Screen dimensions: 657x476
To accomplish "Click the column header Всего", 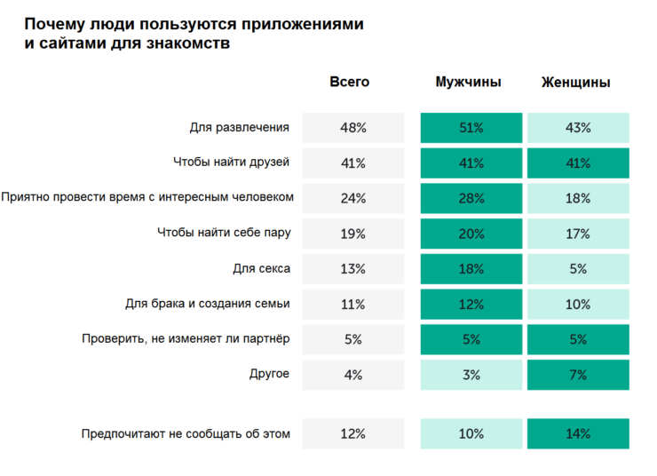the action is pos(350,82).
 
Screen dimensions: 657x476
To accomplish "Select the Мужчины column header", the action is pos(469,82).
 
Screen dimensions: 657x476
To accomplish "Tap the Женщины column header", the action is pos(575,82).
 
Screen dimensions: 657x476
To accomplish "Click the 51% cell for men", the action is pos(471,128).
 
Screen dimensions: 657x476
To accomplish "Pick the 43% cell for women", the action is pos(578,128).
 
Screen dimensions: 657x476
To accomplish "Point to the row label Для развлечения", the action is pos(239,127).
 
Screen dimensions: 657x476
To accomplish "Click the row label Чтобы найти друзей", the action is pos(232,163).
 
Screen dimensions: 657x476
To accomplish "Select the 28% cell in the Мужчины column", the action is pos(471,198).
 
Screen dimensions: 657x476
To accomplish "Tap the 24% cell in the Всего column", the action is pos(353,198).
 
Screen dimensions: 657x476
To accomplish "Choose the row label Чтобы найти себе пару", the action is pos(224,233).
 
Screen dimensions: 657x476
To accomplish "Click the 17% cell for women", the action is pos(578,234).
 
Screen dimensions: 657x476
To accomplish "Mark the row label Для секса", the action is pos(261,268).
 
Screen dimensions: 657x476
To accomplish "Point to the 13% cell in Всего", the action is pos(353,268).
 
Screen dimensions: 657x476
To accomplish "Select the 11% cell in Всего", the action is pos(353,304).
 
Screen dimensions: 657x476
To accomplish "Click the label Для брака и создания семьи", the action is pos(208,304).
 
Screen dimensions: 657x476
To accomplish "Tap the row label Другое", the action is pos(269,374).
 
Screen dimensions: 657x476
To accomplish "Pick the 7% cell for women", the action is pos(578,375).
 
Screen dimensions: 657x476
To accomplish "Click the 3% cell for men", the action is pos(471,375).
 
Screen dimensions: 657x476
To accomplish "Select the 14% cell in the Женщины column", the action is pos(578,433).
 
